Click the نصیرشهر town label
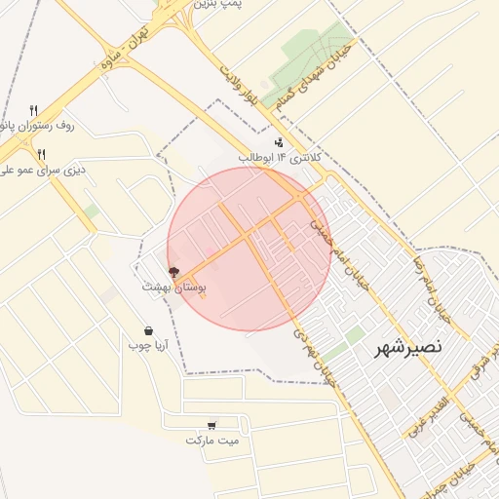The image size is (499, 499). pos(408,347)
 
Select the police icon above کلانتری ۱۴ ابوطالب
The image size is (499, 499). pos(280,142)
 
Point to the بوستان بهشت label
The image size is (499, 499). pos(174,288)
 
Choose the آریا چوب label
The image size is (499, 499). pos(149,345)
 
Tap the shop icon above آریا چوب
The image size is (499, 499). pos(148,330)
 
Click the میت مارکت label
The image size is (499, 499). pos(212,441)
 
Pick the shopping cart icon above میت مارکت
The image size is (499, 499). pos(211,426)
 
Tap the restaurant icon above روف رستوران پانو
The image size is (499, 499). pos(34,110)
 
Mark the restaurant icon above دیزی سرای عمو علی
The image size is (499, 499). pos(41,155)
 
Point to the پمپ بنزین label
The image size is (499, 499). pos(216,5)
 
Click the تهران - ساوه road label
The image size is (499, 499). pos(132,46)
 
